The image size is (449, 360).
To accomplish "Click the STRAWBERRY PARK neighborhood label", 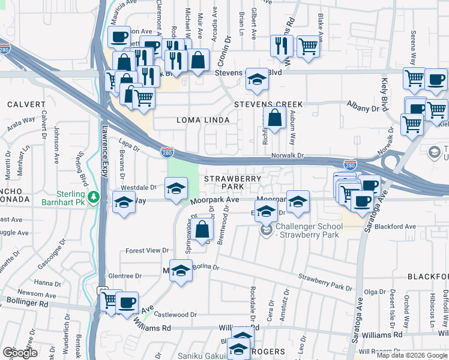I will tap(233, 183).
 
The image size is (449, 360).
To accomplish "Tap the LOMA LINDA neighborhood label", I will tap(203, 120).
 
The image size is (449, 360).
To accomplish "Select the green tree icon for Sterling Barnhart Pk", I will tap(93, 197).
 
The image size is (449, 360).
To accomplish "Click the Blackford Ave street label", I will tap(394, 227).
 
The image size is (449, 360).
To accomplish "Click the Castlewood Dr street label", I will tap(176, 314).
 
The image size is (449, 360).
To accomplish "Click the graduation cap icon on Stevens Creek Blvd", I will tap(256, 81).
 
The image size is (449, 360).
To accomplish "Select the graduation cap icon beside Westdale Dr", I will tap(176, 189).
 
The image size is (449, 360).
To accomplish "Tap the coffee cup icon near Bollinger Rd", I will tap(127, 302).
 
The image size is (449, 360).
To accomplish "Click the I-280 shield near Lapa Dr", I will tap(168, 153).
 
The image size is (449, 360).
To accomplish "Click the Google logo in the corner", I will tap(20, 353).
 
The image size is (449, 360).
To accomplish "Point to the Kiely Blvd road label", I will tap(385, 90).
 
